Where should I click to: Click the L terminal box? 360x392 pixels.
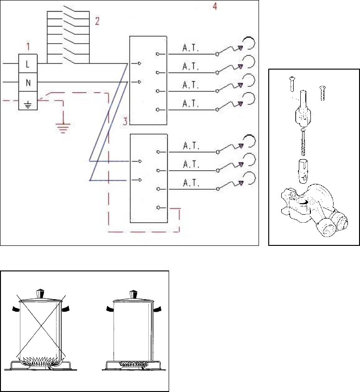click(28, 64)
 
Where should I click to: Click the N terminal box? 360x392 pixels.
click(28, 82)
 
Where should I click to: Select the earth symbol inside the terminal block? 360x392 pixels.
click(28, 104)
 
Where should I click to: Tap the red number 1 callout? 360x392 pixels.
click(28, 46)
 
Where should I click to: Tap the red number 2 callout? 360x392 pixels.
click(97, 21)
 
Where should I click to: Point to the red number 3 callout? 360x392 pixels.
click(125, 121)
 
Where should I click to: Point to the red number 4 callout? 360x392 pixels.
click(215, 6)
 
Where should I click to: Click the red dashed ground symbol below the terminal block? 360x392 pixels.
click(63, 128)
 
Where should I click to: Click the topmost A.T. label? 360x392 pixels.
click(190, 48)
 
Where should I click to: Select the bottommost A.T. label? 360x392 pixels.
click(191, 183)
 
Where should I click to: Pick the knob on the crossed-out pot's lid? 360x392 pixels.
click(40, 294)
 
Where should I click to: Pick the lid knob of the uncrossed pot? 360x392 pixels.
click(134, 295)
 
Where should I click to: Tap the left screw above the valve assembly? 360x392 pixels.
click(292, 84)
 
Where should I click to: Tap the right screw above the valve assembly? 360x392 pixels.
click(322, 93)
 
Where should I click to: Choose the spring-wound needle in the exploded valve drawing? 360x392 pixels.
click(303, 142)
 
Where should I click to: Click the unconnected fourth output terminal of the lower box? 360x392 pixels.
click(158, 207)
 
